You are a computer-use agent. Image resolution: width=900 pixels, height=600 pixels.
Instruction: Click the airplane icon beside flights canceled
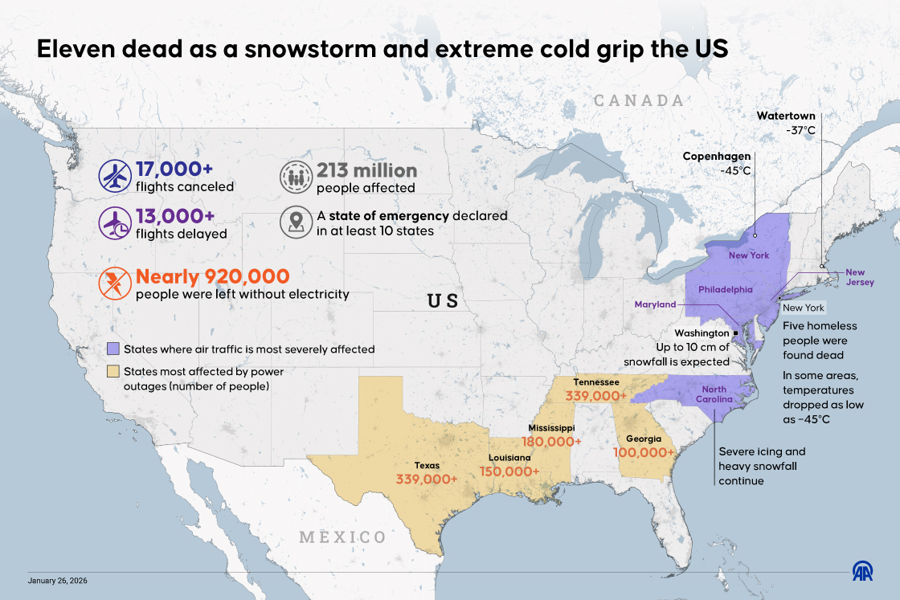pos(115,177)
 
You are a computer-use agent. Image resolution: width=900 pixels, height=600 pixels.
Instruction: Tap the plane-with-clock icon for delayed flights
pos(115,223)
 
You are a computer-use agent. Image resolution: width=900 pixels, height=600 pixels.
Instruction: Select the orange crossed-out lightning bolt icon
pos(115,284)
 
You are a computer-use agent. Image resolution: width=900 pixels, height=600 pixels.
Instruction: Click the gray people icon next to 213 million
pos(295,177)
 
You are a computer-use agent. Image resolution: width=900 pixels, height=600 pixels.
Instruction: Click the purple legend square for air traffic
pos(113,349)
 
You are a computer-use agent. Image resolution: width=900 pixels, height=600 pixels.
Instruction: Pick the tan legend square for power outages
pos(113,372)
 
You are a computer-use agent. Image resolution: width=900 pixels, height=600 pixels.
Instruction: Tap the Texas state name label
pos(427,465)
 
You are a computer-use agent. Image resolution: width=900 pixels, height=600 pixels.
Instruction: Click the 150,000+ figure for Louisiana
pos(509,471)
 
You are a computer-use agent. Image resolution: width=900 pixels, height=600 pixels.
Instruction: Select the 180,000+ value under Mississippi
pos(551,442)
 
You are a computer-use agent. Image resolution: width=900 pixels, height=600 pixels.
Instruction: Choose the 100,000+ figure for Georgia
pos(643,452)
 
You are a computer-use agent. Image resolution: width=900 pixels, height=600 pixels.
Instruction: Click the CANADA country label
pos(638,100)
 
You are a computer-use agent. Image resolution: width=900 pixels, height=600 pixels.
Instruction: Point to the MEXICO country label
pos(342,537)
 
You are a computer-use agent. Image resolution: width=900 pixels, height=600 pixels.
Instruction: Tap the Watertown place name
pos(785,116)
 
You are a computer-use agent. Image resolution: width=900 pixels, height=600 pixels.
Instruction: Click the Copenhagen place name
pos(716,156)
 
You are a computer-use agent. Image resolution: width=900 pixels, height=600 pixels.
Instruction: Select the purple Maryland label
pos(655,304)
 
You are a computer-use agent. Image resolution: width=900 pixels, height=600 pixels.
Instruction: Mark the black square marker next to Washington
pos(736,333)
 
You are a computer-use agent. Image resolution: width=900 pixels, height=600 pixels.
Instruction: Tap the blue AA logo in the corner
pos(864,571)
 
